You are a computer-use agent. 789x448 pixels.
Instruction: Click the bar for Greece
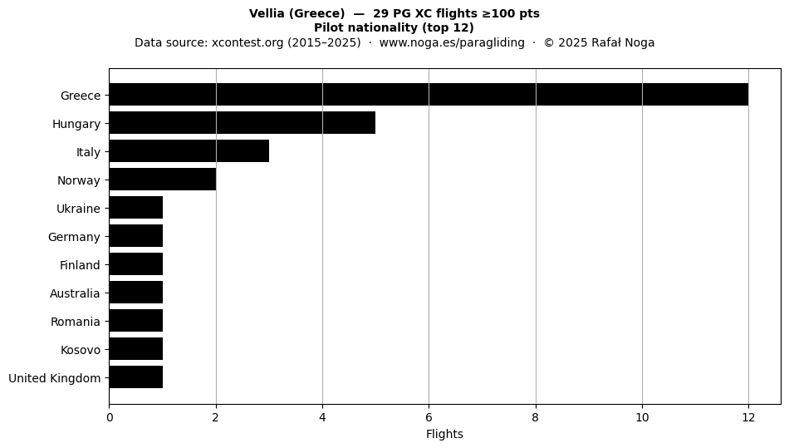pyautogui.click(x=429, y=95)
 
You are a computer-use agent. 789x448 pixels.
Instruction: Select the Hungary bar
pyautogui.click(x=243, y=123)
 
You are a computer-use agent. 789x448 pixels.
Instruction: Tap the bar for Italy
pyautogui.click(x=189, y=151)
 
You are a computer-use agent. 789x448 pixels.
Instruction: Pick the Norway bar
pyautogui.click(x=163, y=180)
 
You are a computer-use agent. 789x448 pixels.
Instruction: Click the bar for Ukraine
pyautogui.click(x=136, y=208)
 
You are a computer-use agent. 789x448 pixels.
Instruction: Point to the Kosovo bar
pyautogui.click(x=136, y=349)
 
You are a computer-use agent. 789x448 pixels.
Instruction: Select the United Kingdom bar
pyautogui.click(x=136, y=377)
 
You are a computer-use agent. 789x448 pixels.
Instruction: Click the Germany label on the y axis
pyautogui.click(x=74, y=237)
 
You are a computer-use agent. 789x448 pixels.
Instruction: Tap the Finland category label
pyautogui.click(x=80, y=265)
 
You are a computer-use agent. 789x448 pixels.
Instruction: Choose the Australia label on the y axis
pyautogui.click(x=75, y=293)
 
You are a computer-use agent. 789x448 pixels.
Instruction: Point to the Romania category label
pyautogui.click(x=76, y=322)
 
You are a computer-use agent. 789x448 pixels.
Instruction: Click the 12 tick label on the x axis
pyautogui.click(x=748, y=417)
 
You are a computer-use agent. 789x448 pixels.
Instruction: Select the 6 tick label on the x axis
pyautogui.click(x=429, y=417)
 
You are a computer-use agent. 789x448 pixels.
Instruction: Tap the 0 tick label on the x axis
pyautogui.click(x=110, y=417)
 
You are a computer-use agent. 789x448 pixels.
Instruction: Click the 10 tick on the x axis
pyautogui.click(x=642, y=417)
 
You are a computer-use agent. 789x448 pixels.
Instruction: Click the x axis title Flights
pyautogui.click(x=445, y=434)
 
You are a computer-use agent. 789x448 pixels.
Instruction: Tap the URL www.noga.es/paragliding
pyautogui.click(x=452, y=42)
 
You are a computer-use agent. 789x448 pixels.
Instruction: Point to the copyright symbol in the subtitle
pyautogui.click(x=549, y=42)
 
